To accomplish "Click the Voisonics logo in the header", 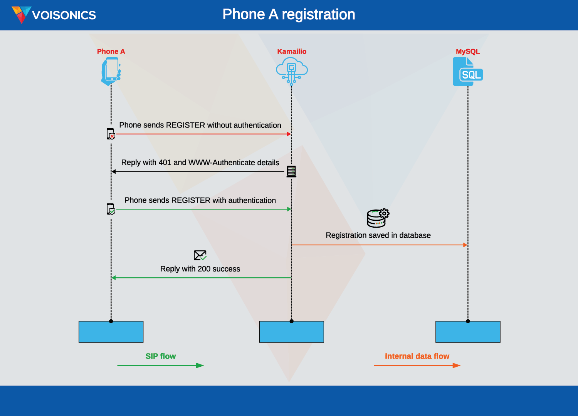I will (54, 15).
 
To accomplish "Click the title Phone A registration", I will (289, 15).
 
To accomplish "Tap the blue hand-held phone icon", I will (111, 71).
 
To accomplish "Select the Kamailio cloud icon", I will (292, 70).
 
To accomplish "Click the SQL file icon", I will (467, 72).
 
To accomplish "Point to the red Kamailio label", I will (292, 51).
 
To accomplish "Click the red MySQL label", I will (467, 51).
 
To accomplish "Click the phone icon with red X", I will (111, 134).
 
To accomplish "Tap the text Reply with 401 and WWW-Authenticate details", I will (200, 163).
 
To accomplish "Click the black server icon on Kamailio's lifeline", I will (291, 171).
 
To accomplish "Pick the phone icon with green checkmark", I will (111, 209).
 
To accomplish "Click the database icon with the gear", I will (378, 218).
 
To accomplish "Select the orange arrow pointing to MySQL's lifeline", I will (380, 245).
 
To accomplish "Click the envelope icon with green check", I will (200, 255).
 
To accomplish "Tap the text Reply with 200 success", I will (200, 269).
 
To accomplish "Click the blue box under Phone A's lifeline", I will (111, 332).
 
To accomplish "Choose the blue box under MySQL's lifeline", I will (468, 332).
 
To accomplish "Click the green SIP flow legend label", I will (161, 356).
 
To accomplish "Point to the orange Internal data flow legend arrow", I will (417, 366).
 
